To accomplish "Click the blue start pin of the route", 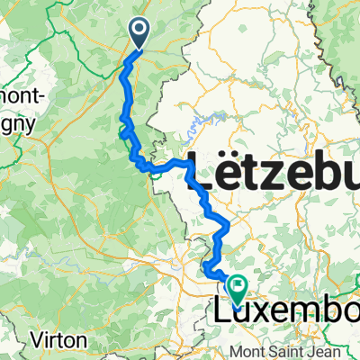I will click(141, 32).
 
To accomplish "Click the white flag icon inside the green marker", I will click(238, 287).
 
